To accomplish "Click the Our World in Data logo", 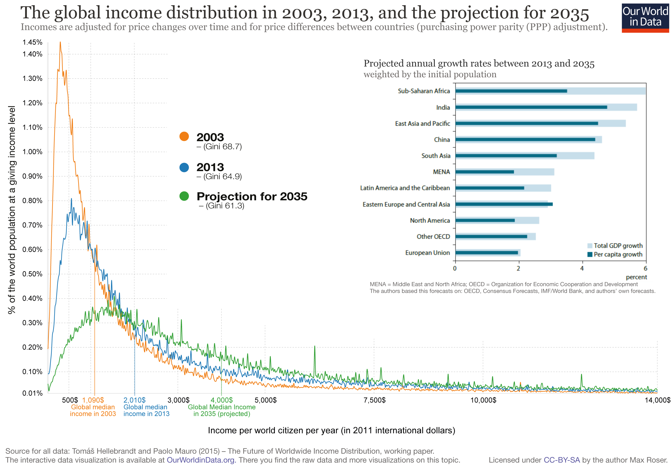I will (x=645, y=17).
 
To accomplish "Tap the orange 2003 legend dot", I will (x=184, y=136).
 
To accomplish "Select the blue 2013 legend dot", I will (x=184, y=167).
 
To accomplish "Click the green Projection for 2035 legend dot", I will (x=184, y=196).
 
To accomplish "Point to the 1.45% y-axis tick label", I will (x=32, y=42).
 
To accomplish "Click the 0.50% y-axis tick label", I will (x=32, y=274).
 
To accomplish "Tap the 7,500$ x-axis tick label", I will (x=374, y=400).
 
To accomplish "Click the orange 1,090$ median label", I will (x=93, y=400).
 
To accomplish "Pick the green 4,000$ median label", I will (x=222, y=400).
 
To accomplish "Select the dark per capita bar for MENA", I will (x=484, y=172).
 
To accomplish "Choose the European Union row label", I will (x=427, y=253).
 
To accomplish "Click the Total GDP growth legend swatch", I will (x=590, y=246).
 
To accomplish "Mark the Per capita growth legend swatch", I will (x=590, y=254).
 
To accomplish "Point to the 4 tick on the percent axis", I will (x=582, y=269).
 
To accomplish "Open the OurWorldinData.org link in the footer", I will (x=200, y=460).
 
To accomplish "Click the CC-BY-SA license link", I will (x=561, y=460).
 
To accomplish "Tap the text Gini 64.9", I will (x=222, y=177).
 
